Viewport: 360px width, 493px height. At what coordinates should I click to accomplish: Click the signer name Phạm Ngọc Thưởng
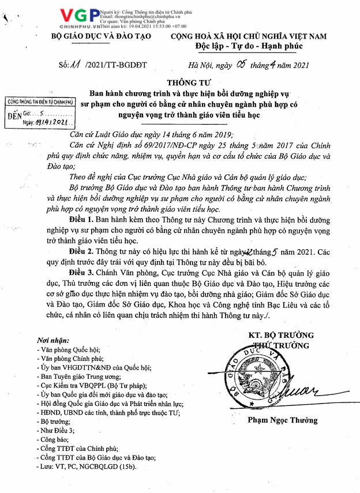(x=283, y=420)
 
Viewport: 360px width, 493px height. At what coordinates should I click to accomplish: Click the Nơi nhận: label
(x=52, y=341)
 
